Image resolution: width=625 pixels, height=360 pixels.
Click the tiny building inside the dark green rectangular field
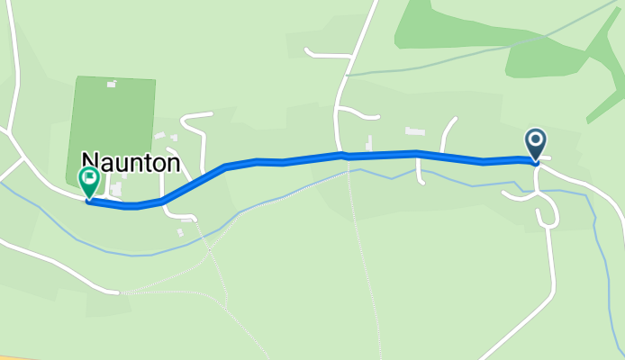(112, 85)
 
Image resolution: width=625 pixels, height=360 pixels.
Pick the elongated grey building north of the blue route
(414, 131)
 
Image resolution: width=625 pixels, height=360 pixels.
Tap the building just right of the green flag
(114, 190)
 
